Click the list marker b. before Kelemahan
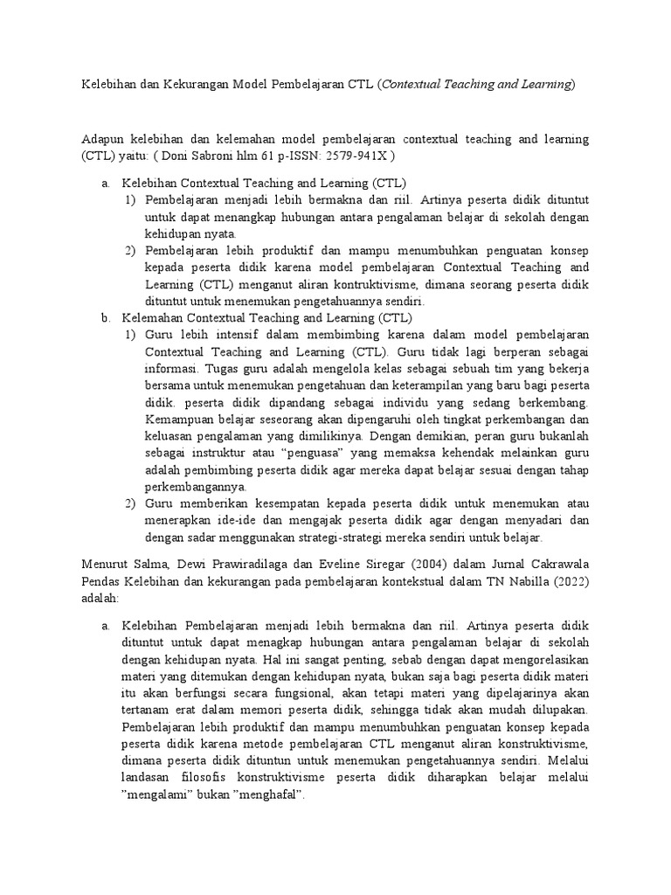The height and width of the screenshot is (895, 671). (x=105, y=317)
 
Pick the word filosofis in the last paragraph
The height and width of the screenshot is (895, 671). (x=204, y=779)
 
